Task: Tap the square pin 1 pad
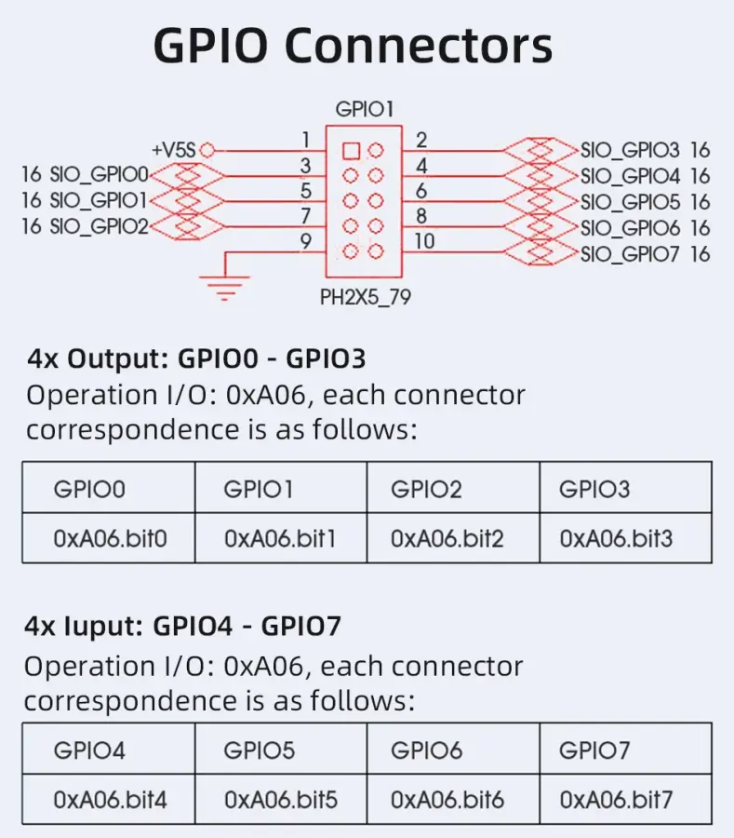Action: tap(351, 151)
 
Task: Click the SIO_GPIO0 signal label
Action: tap(99, 174)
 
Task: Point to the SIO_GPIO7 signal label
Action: tap(630, 254)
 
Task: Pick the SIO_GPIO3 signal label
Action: tap(630, 150)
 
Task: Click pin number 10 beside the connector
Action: tap(424, 241)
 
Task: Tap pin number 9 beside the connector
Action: tap(305, 241)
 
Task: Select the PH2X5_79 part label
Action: tap(365, 297)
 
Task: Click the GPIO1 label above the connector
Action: tap(365, 110)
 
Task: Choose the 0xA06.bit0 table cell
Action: tap(109, 538)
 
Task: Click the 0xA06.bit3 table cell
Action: tap(626, 538)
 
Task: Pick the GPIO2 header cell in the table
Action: tap(453, 488)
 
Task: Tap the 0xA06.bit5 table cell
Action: tap(281, 800)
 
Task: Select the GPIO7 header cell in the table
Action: tap(626, 750)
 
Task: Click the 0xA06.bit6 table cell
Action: tap(453, 800)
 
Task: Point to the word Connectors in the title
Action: tap(419, 46)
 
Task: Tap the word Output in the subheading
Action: tap(117, 358)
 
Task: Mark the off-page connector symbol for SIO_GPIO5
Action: tap(540, 201)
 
